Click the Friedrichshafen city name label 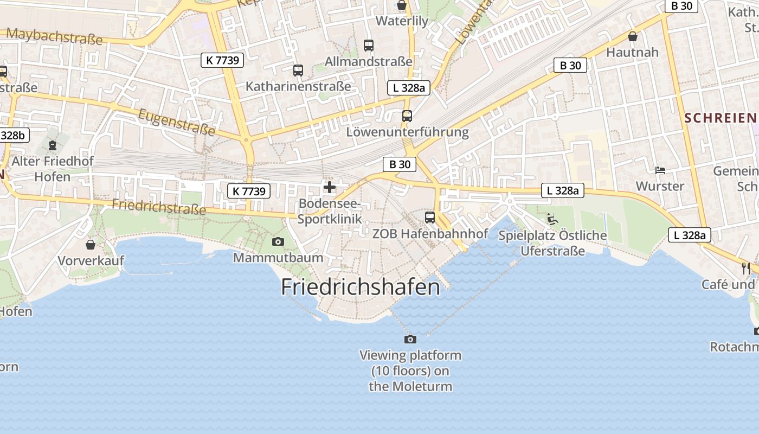(x=361, y=287)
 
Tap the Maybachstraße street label (x=54, y=36)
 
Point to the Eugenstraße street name (x=177, y=122)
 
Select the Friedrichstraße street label (x=159, y=206)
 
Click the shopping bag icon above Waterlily (x=402, y=5)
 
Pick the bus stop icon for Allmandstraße (x=369, y=46)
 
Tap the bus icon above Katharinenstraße (x=298, y=70)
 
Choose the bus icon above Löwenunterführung (x=407, y=116)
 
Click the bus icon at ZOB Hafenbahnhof (x=430, y=218)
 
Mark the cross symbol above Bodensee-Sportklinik (x=329, y=188)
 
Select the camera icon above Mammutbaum (x=278, y=241)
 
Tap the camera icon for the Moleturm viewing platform (x=410, y=339)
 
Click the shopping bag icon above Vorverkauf (x=91, y=245)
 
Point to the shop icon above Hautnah (x=632, y=36)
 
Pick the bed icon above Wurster (x=660, y=170)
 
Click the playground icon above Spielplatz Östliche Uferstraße (x=552, y=219)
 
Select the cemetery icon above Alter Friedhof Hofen (x=53, y=145)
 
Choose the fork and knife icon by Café (x=746, y=268)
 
